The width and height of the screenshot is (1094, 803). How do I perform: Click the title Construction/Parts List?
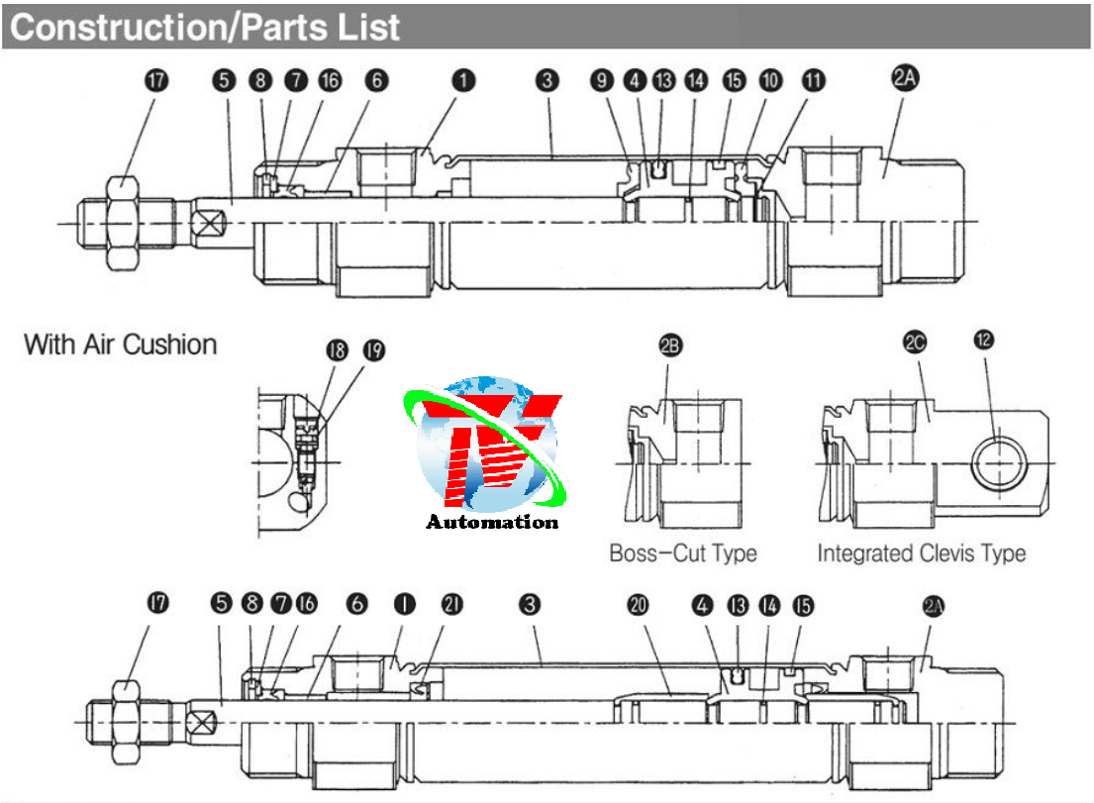206,27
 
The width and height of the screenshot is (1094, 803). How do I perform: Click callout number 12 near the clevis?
983,341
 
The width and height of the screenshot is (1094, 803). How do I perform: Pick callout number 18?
337,350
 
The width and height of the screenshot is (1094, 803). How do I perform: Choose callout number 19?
373,350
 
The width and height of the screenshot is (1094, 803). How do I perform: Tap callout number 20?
638,604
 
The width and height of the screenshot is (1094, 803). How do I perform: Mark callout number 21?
450,604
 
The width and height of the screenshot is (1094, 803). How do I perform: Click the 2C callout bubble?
915,342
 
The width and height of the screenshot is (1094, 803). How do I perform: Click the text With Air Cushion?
121,346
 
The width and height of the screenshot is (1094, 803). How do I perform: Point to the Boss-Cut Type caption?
683,552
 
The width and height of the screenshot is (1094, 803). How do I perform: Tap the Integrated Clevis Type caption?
921,552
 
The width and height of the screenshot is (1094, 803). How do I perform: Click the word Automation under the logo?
492,522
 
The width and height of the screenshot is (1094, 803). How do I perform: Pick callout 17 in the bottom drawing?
156,603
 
